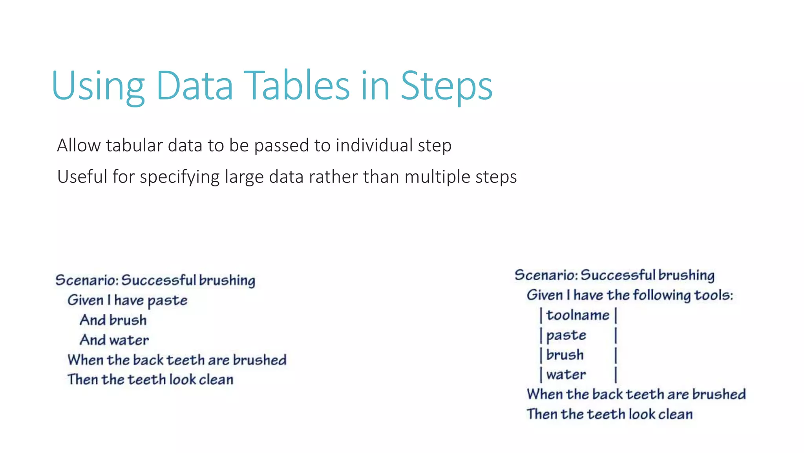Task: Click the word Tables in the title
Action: tap(296, 86)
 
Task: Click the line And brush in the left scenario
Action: tap(113, 320)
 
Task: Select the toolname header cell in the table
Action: tap(577, 315)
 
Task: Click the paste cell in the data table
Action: tap(566, 335)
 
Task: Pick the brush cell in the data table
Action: tap(565, 355)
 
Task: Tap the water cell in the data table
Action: tap(566, 375)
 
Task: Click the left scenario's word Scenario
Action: tap(86, 280)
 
